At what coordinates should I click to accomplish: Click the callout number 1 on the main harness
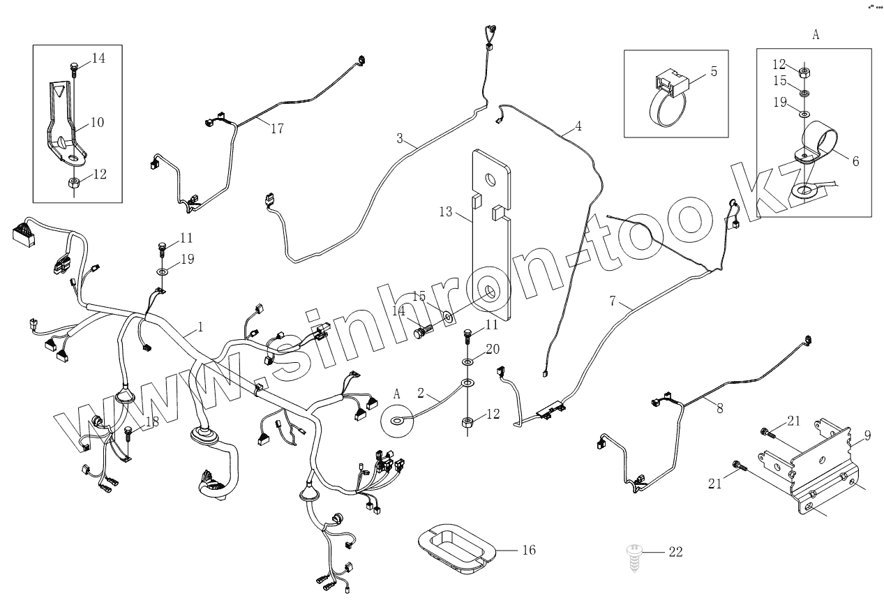(200, 326)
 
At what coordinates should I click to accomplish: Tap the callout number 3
(400, 139)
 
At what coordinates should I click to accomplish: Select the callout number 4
(578, 127)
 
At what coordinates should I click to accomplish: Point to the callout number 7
(613, 301)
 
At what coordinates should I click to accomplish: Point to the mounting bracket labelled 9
(809, 464)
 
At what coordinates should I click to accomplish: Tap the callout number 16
(528, 551)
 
